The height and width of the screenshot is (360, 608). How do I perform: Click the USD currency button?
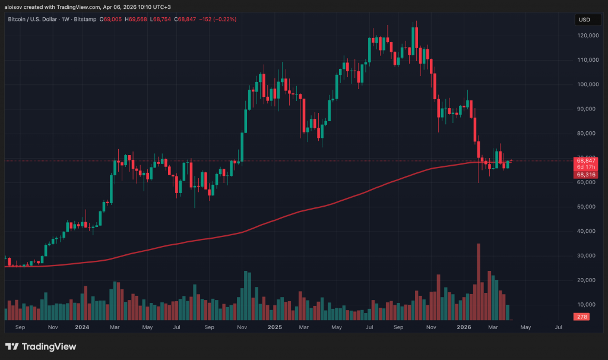click(584, 20)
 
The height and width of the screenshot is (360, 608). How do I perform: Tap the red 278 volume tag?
click(582, 317)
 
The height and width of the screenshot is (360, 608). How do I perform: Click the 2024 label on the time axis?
click(82, 327)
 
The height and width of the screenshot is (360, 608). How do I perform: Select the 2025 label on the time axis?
click(274, 327)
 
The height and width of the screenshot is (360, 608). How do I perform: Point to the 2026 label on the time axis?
click(465, 327)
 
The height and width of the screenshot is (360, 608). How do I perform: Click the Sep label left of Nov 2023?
click(20, 327)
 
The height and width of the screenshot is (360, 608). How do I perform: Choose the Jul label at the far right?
click(558, 327)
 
